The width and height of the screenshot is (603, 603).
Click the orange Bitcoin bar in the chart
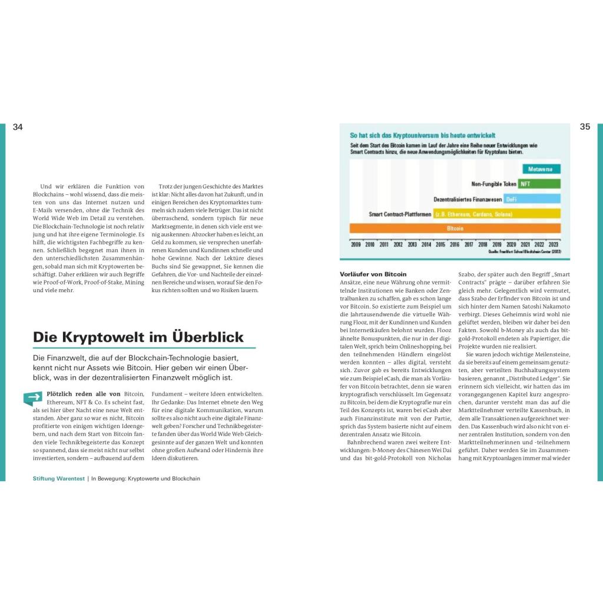[x=455, y=228]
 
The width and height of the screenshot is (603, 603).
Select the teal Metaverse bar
[x=539, y=169]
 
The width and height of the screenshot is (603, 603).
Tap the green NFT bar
[x=539, y=184]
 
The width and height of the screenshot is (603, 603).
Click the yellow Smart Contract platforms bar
[x=497, y=214]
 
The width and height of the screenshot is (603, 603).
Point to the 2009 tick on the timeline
[x=356, y=244]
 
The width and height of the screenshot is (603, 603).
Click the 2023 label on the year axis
[x=554, y=244]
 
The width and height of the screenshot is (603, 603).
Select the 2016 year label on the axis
[x=455, y=244]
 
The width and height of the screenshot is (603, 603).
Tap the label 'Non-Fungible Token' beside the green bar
[x=493, y=184]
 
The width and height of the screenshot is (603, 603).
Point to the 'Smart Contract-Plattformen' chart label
[x=400, y=214]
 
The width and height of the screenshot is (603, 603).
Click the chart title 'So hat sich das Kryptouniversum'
[x=423, y=135]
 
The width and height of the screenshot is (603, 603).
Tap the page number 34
[x=18, y=127]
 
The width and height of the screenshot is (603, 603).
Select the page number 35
[x=585, y=127]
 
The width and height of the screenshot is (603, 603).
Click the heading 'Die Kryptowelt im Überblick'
[x=138, y=337]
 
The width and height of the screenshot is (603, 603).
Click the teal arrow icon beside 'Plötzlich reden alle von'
[x=32, y=398]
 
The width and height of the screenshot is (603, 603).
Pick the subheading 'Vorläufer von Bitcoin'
[x=373, y=274]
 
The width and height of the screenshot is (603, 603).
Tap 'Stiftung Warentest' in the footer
[x=59, y=479]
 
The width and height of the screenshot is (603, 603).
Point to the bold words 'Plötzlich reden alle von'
[x=83, y=393]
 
